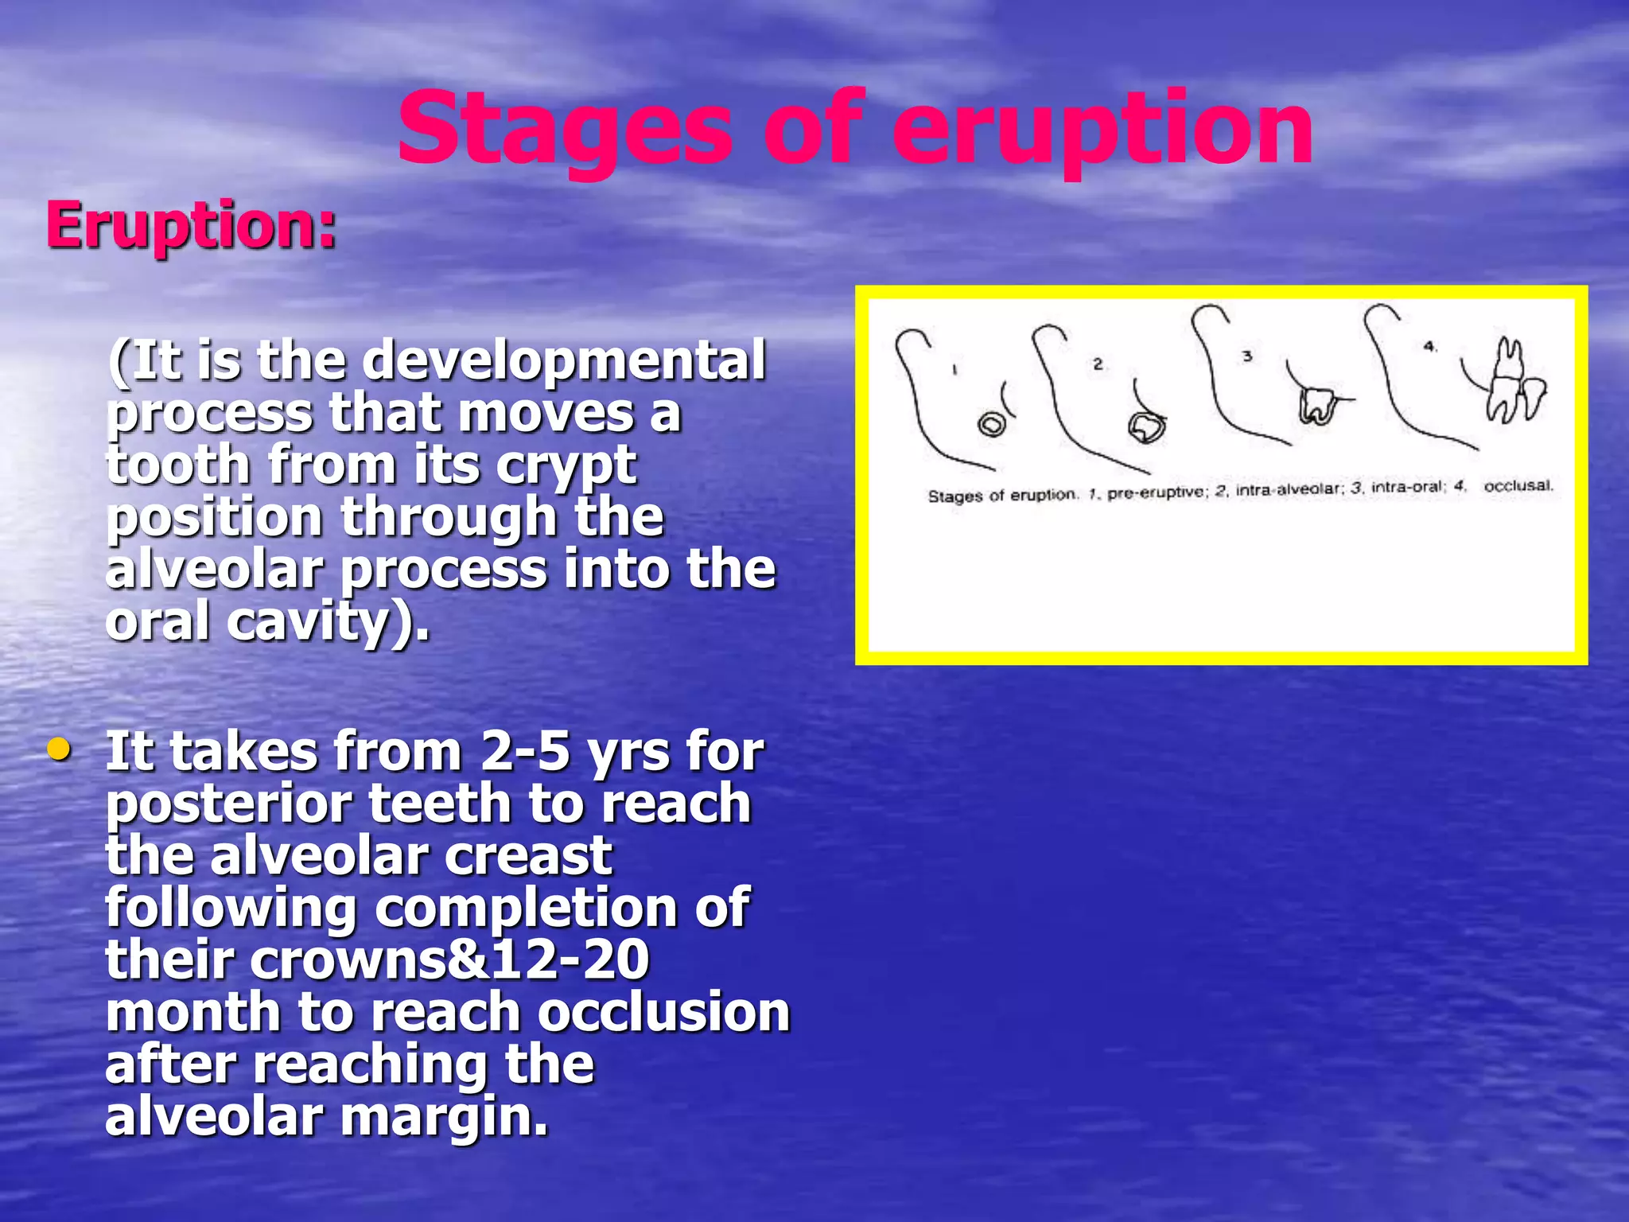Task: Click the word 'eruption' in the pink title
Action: click(1102, 131)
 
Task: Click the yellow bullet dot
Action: click(59, 749)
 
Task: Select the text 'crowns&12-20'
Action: click(450, 960)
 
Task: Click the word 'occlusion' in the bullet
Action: click(663, 1012)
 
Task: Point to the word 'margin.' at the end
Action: click(445, 1117)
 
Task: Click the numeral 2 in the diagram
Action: click(1098, 364)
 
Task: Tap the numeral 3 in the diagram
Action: click(1247, 356)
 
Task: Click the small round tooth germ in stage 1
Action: click(992, 425)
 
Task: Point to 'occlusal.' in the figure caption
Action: click(1518, 485)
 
